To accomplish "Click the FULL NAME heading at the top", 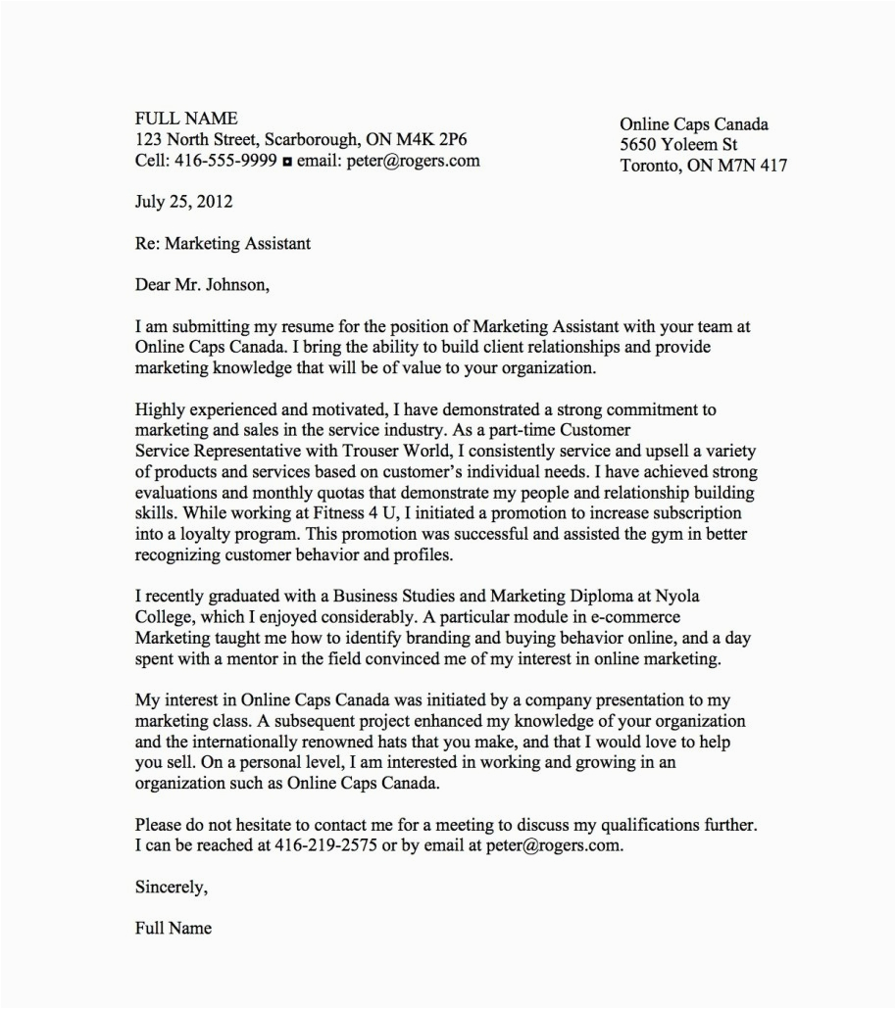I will coord(186,119).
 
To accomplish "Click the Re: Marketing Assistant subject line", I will coord(223,244).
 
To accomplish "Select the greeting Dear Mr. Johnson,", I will coord(201,286).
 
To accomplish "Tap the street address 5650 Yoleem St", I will coord(678,145).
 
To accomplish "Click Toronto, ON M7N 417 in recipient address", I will coord(703,167).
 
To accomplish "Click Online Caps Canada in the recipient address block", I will coord(693,124).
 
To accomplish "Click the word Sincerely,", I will coord(172,888).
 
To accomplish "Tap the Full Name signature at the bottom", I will coord(173,929).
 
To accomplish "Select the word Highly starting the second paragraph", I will coord(159,409).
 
